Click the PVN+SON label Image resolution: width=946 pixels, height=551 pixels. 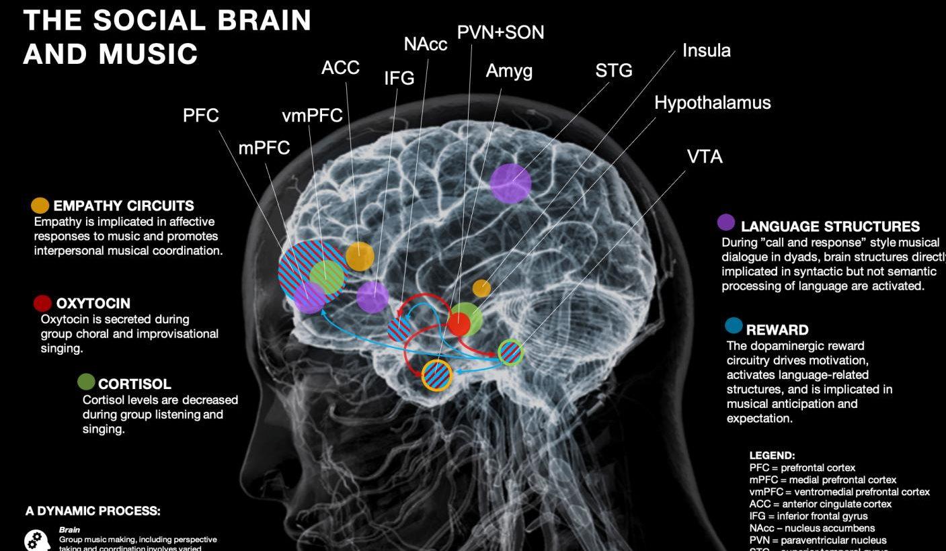coord(500,32)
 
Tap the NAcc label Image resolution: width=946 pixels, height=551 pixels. coord(425,44)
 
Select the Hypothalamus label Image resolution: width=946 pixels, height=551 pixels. coord(712,103)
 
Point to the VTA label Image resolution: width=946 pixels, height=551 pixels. coord(705,157)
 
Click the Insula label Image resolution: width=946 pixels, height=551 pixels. coord(706,50)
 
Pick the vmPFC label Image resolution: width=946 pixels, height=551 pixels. coord(312,116)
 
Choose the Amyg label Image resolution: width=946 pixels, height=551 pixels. coord(509,71)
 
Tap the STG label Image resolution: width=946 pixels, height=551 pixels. coord(614,71)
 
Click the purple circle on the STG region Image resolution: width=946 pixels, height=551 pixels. coord(510,183)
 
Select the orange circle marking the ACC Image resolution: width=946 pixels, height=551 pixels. coord(360,256)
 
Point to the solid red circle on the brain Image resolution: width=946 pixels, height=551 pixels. coord(459,325)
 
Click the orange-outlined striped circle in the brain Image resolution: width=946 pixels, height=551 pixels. coord(436,375)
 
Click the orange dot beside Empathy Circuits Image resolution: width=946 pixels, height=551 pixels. coord(40,206)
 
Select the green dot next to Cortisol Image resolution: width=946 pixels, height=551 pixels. coord(86,382)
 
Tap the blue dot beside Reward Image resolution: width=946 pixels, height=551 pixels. coord(734,327)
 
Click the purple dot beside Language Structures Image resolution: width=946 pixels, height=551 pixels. coord(726,222)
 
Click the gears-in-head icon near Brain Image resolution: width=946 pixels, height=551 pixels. coord(36,540)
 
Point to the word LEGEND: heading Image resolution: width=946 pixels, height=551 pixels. coord(773,456)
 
